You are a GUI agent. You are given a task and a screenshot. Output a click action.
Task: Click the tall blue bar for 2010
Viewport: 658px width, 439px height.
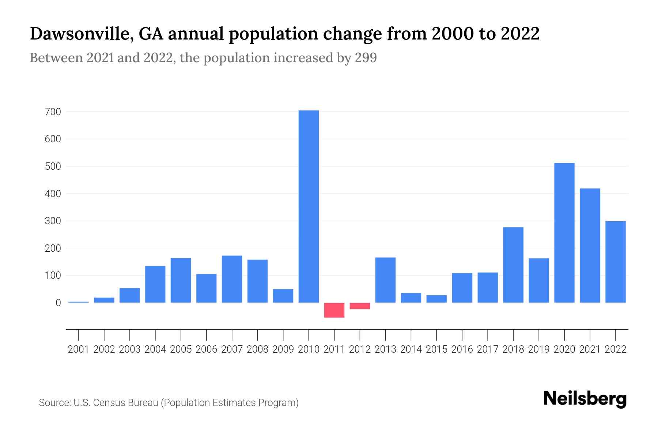click(309, 206)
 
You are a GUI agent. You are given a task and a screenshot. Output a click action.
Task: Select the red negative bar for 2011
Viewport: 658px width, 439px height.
click(334, 310)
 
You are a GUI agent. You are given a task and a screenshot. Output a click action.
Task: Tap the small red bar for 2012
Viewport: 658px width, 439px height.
click(360, 306)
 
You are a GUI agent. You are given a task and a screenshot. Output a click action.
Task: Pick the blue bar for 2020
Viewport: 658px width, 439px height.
click(564, 233)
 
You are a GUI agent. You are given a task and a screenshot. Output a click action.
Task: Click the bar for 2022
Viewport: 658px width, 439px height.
click(615, 262)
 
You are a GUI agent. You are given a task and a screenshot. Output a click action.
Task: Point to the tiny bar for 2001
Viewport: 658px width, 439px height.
click(79, 302)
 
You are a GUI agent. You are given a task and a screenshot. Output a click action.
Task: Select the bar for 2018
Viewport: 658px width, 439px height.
click(513, 265)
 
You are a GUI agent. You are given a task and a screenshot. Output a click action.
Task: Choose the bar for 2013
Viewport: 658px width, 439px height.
click(385, 280)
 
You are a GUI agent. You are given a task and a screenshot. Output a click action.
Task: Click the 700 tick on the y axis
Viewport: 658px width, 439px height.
click(53, 112)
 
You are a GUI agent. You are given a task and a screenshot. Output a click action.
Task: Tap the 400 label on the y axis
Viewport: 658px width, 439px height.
click(53, 194)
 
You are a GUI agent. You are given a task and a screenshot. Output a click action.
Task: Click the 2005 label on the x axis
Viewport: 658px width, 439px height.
click(181, 349)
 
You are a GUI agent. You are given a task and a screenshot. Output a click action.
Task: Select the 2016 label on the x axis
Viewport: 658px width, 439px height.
click(462, 349)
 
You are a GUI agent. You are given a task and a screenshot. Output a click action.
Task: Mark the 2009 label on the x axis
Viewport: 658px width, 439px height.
click(283, 349)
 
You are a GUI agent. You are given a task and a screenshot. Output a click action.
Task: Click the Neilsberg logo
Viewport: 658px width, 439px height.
click(585, 399)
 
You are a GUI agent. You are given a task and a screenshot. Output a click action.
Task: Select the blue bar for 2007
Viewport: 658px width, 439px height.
click(232, 279)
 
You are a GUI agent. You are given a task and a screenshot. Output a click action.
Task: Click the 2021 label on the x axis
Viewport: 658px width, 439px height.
click(590, 349)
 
